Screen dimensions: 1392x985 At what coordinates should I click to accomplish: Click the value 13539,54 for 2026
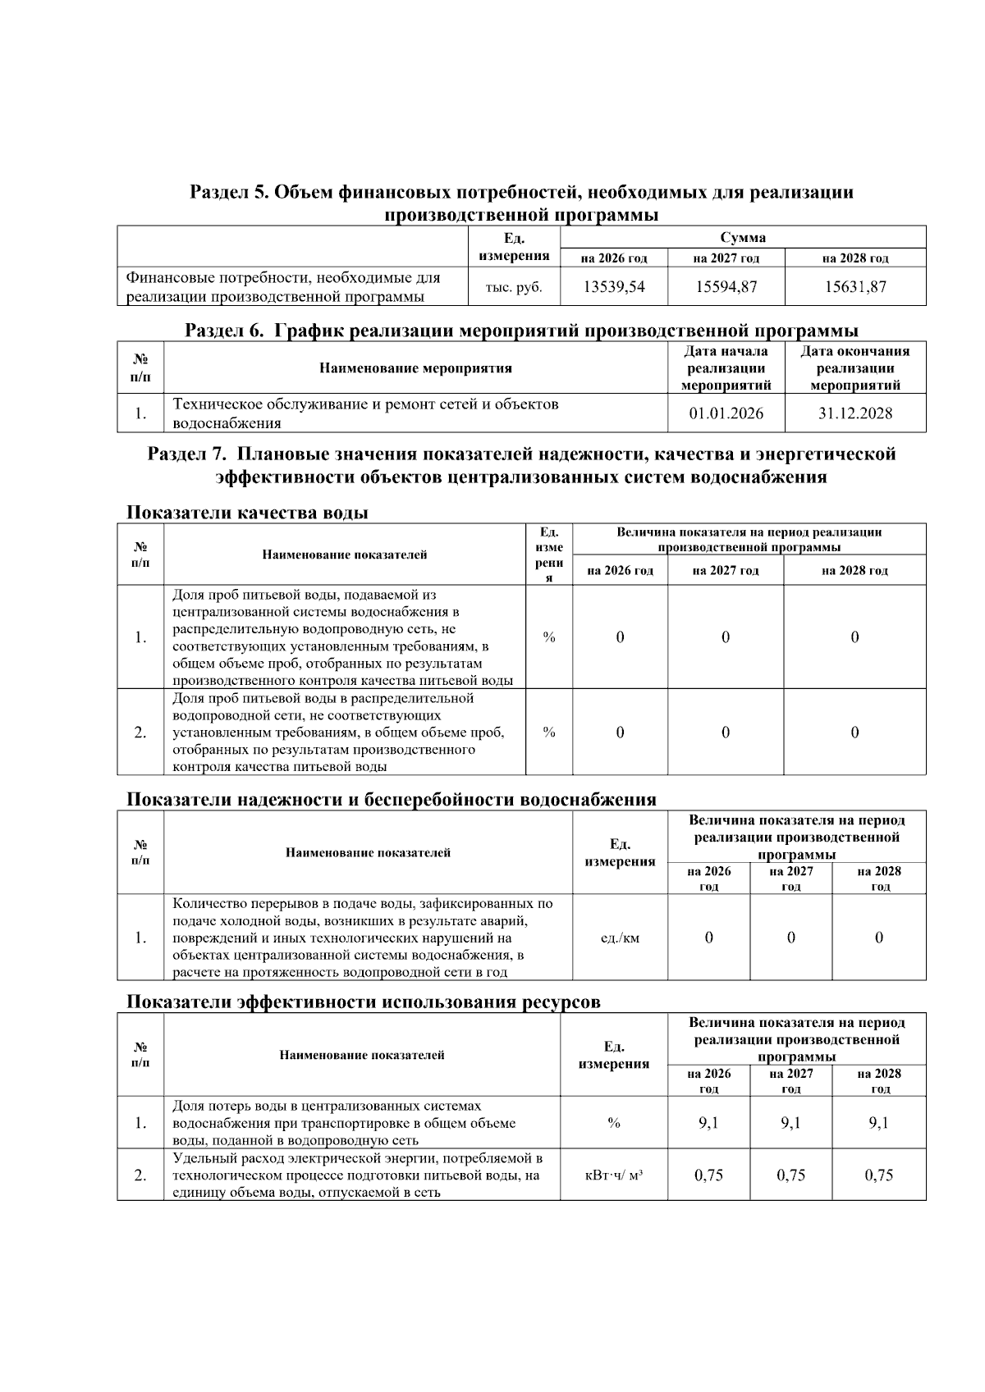coord(614,287)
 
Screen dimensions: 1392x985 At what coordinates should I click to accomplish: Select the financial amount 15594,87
coord(726,287)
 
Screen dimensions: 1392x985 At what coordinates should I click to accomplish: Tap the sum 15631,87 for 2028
coord(854,287)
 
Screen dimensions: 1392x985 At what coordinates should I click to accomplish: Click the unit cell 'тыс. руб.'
coord(514,288)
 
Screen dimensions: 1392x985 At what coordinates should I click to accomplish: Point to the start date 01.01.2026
coord(726,413)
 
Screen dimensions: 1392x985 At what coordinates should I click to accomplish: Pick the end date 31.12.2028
coord(854,413)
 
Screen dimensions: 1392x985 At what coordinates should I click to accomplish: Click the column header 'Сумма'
coord(742,238)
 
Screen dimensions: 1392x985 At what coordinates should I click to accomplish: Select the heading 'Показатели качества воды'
coord(247,513)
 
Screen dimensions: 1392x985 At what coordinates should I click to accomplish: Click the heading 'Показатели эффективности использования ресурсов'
coord(363,1002)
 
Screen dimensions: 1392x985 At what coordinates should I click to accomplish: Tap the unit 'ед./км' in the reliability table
coord(620,938)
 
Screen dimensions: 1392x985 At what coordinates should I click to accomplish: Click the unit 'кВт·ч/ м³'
coord(613,1175)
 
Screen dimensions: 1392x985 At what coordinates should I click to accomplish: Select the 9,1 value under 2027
coord(790,1123)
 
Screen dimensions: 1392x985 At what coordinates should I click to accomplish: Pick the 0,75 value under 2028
coord(878,1175)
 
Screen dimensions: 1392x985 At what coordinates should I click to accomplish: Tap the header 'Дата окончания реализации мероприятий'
coord(854,368)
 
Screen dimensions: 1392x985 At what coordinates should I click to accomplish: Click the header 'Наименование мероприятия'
coord(415,368)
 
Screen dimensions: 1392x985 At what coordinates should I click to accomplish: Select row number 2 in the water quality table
coord(140,733)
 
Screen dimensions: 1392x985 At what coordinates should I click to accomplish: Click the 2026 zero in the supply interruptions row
coord(708,938)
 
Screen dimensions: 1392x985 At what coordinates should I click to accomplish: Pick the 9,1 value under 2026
coord(708,1123)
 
